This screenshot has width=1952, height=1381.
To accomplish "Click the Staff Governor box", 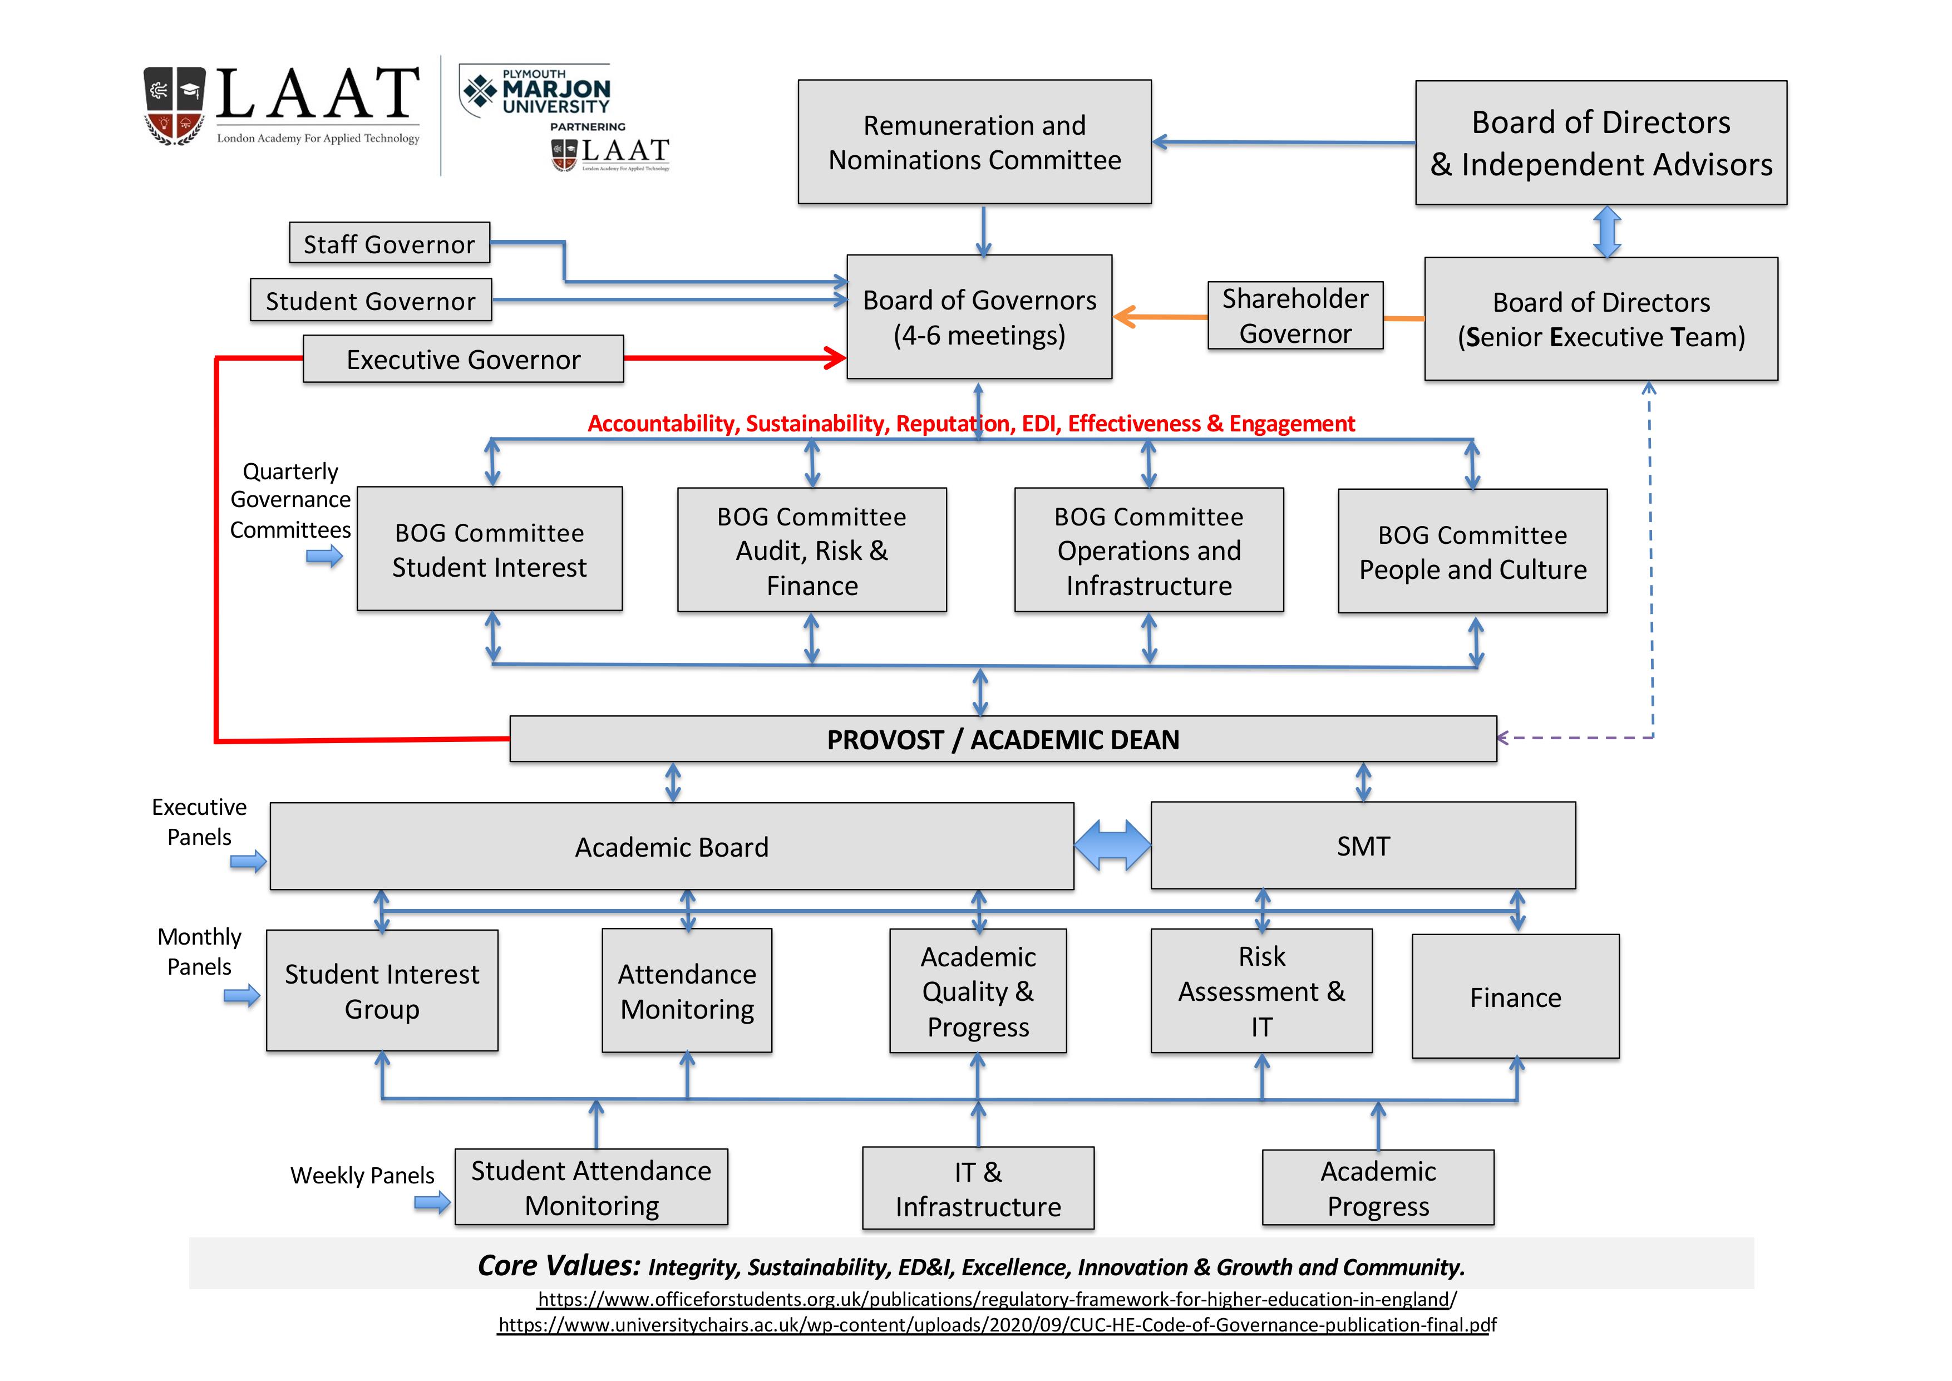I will point(390,243).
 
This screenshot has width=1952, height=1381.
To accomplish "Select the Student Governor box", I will point(371,300).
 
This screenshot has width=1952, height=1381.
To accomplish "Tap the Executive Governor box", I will point(464,359).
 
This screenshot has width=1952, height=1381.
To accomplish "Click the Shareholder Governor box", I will point(1295,316).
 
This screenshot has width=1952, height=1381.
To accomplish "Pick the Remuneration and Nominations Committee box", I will point(974,142).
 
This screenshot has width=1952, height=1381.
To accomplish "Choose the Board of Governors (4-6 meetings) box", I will point(979,317).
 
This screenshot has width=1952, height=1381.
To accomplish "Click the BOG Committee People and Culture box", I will point(1472,551).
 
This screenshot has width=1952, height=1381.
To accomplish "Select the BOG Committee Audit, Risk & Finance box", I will point(812,550).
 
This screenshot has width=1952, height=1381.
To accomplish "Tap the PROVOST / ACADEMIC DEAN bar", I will point(1003,739).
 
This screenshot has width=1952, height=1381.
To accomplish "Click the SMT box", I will point(1363,846).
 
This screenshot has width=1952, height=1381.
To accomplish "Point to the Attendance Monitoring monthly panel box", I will point(687,991).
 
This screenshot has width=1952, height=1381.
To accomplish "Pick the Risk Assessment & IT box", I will point(1261,991).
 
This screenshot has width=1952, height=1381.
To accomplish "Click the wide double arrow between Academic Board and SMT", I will point(1112,846).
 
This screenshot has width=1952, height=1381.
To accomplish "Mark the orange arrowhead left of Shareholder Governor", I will point(1126,317).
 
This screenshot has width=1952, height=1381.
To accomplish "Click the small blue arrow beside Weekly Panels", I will point(432,1202).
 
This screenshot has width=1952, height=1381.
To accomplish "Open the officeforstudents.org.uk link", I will point(997,1299).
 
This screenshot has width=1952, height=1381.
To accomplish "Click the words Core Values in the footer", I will point(559,1265).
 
